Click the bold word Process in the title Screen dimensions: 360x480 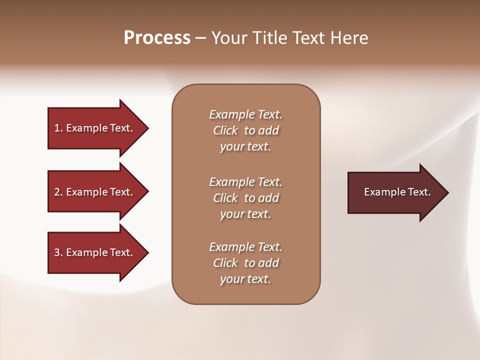coord(157,37)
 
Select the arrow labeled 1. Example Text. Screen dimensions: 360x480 coord(95,128)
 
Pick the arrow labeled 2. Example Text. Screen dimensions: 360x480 coord(95,192)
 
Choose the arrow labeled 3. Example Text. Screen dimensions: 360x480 coord(95,252)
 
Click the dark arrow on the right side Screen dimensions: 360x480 coord(395,192)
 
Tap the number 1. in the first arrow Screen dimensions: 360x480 coord(58,128)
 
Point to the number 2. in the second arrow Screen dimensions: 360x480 coord(58,192)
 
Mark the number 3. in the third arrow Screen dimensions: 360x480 coord(58,252)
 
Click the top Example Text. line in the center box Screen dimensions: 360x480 coord(245,114)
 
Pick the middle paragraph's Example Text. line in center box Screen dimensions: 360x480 coord(245,181)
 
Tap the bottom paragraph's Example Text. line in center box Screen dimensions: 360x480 coord(245,247)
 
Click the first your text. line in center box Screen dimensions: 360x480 coord(245,147)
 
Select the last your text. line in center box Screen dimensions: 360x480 coord(245,279)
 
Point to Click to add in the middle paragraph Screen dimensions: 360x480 coord(245,198)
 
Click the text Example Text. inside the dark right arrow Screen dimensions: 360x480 coord(397,192)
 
